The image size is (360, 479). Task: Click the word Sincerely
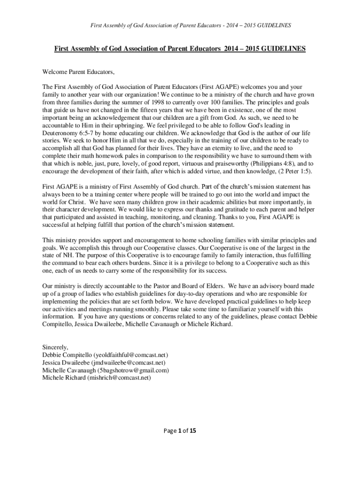55,348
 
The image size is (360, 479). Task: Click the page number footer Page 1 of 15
180,431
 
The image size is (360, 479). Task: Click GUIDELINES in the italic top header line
272,25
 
